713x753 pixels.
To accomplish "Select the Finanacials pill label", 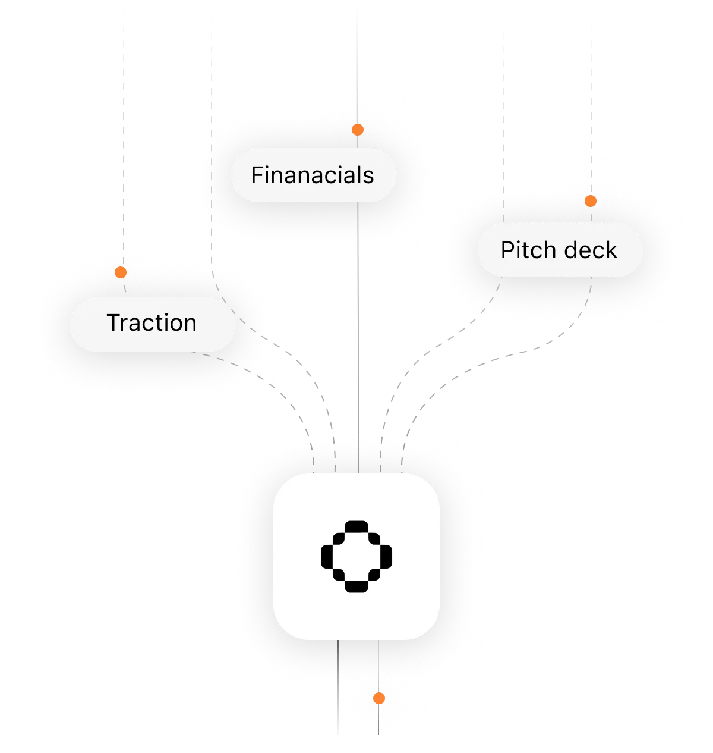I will (313, 175).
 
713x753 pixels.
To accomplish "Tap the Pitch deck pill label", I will (560, 250).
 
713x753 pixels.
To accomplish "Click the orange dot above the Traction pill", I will (121, 272).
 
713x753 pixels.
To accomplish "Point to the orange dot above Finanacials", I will (357, 130).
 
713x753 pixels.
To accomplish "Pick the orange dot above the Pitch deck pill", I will (590, 201).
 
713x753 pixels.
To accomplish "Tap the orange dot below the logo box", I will (379, 698).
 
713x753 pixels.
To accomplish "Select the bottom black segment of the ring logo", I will (356, 587).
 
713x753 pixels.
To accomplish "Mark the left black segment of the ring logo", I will (326, 556).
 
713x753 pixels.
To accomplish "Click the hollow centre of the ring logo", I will (356, 556).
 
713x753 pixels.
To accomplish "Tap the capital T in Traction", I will (114, 323).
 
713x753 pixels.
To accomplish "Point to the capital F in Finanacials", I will (257, 175).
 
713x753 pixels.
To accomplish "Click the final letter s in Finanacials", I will (369, 177).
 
